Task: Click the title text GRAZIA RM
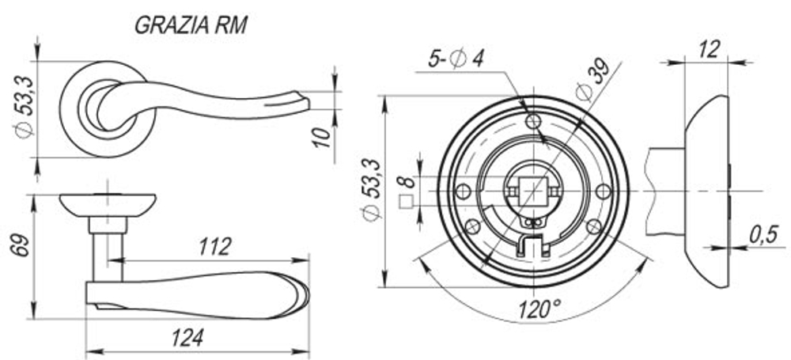(x=191, y=25)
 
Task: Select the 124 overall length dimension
(x=187, y=338)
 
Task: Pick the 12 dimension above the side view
(x=710, y=50)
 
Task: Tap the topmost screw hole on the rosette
(x=533, y=121)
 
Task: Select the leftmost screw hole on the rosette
(x=464, y=191)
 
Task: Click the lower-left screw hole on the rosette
(x=472, y=227)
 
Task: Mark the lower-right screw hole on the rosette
(x=593, y=227)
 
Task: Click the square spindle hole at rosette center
(x=533, y=191)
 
